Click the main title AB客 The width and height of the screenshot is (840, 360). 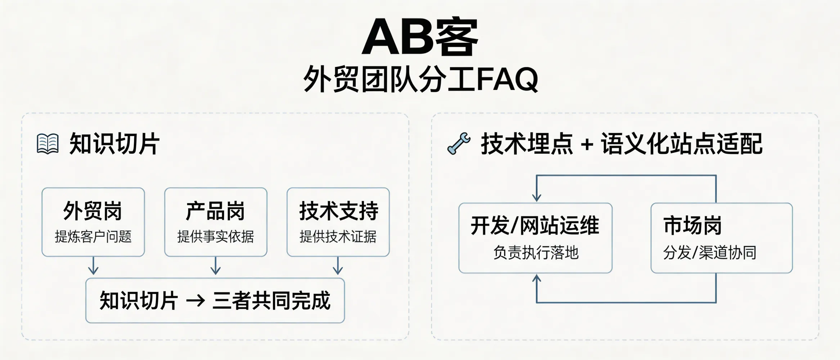pyautogui.click(x=420, y=37)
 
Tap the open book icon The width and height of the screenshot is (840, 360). pyautogui.click(x=48, y=144)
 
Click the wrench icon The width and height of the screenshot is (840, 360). pyautogui.click(x=459, y=143)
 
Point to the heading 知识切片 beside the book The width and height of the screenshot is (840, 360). pyautogui.click(x=114, y=144)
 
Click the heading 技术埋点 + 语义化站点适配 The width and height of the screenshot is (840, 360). pyautogui.click(x=621, y=144)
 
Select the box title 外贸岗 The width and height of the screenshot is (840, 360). pyautogui.click(x=93, y=211)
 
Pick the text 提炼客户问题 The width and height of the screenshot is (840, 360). pyautogui.click(x=93, y=237)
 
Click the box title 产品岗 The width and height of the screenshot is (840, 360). pyautogui.click(x=215, y=211)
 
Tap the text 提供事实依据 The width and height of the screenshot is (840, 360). pyautogui.click(x=215, y=237)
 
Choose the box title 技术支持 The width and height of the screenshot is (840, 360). pyautogui.click(x=338, y=211)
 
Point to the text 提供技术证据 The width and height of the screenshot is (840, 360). pyautogui.click(x=338, y=237)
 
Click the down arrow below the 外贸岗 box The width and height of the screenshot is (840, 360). pyautogui.click(x=93, y=266)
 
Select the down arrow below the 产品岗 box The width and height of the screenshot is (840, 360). pyautogui.click(x=216, y=266)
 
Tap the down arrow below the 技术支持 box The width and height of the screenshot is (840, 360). pyautogui.click(x=338, y=266)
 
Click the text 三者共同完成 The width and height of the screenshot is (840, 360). pyautogui.click(x=271, y=301)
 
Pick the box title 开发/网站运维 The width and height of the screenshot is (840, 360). pyautogui.click(x=535, y=226)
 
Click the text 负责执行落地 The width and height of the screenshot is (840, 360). pyautogui.click(x=536, y=253)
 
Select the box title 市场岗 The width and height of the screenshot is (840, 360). pyautogui.click(x=692, y=226)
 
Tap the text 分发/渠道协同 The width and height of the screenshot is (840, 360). pyautogui.click(x=710, y=253)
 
